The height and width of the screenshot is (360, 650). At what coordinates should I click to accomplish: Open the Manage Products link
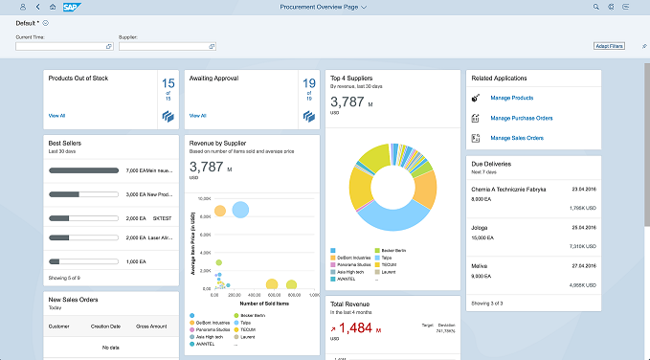point(511,98)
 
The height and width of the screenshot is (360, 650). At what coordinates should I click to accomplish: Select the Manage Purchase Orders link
point(521,118)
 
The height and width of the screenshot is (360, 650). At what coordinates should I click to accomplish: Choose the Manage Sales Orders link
point(517,138)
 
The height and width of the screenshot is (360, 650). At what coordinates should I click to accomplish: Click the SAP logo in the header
point(70,7)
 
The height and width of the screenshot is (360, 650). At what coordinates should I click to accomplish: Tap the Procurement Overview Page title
point(320,7)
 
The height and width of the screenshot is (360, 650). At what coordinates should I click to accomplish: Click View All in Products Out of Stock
point(56,115)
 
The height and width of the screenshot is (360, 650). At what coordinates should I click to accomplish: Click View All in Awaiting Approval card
point(197,115)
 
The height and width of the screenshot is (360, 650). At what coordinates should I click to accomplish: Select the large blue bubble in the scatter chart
point(240,210)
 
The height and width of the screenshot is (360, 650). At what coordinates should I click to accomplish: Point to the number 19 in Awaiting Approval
point(309,84)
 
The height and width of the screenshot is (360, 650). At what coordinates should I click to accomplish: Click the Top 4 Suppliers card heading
point(351,78)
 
